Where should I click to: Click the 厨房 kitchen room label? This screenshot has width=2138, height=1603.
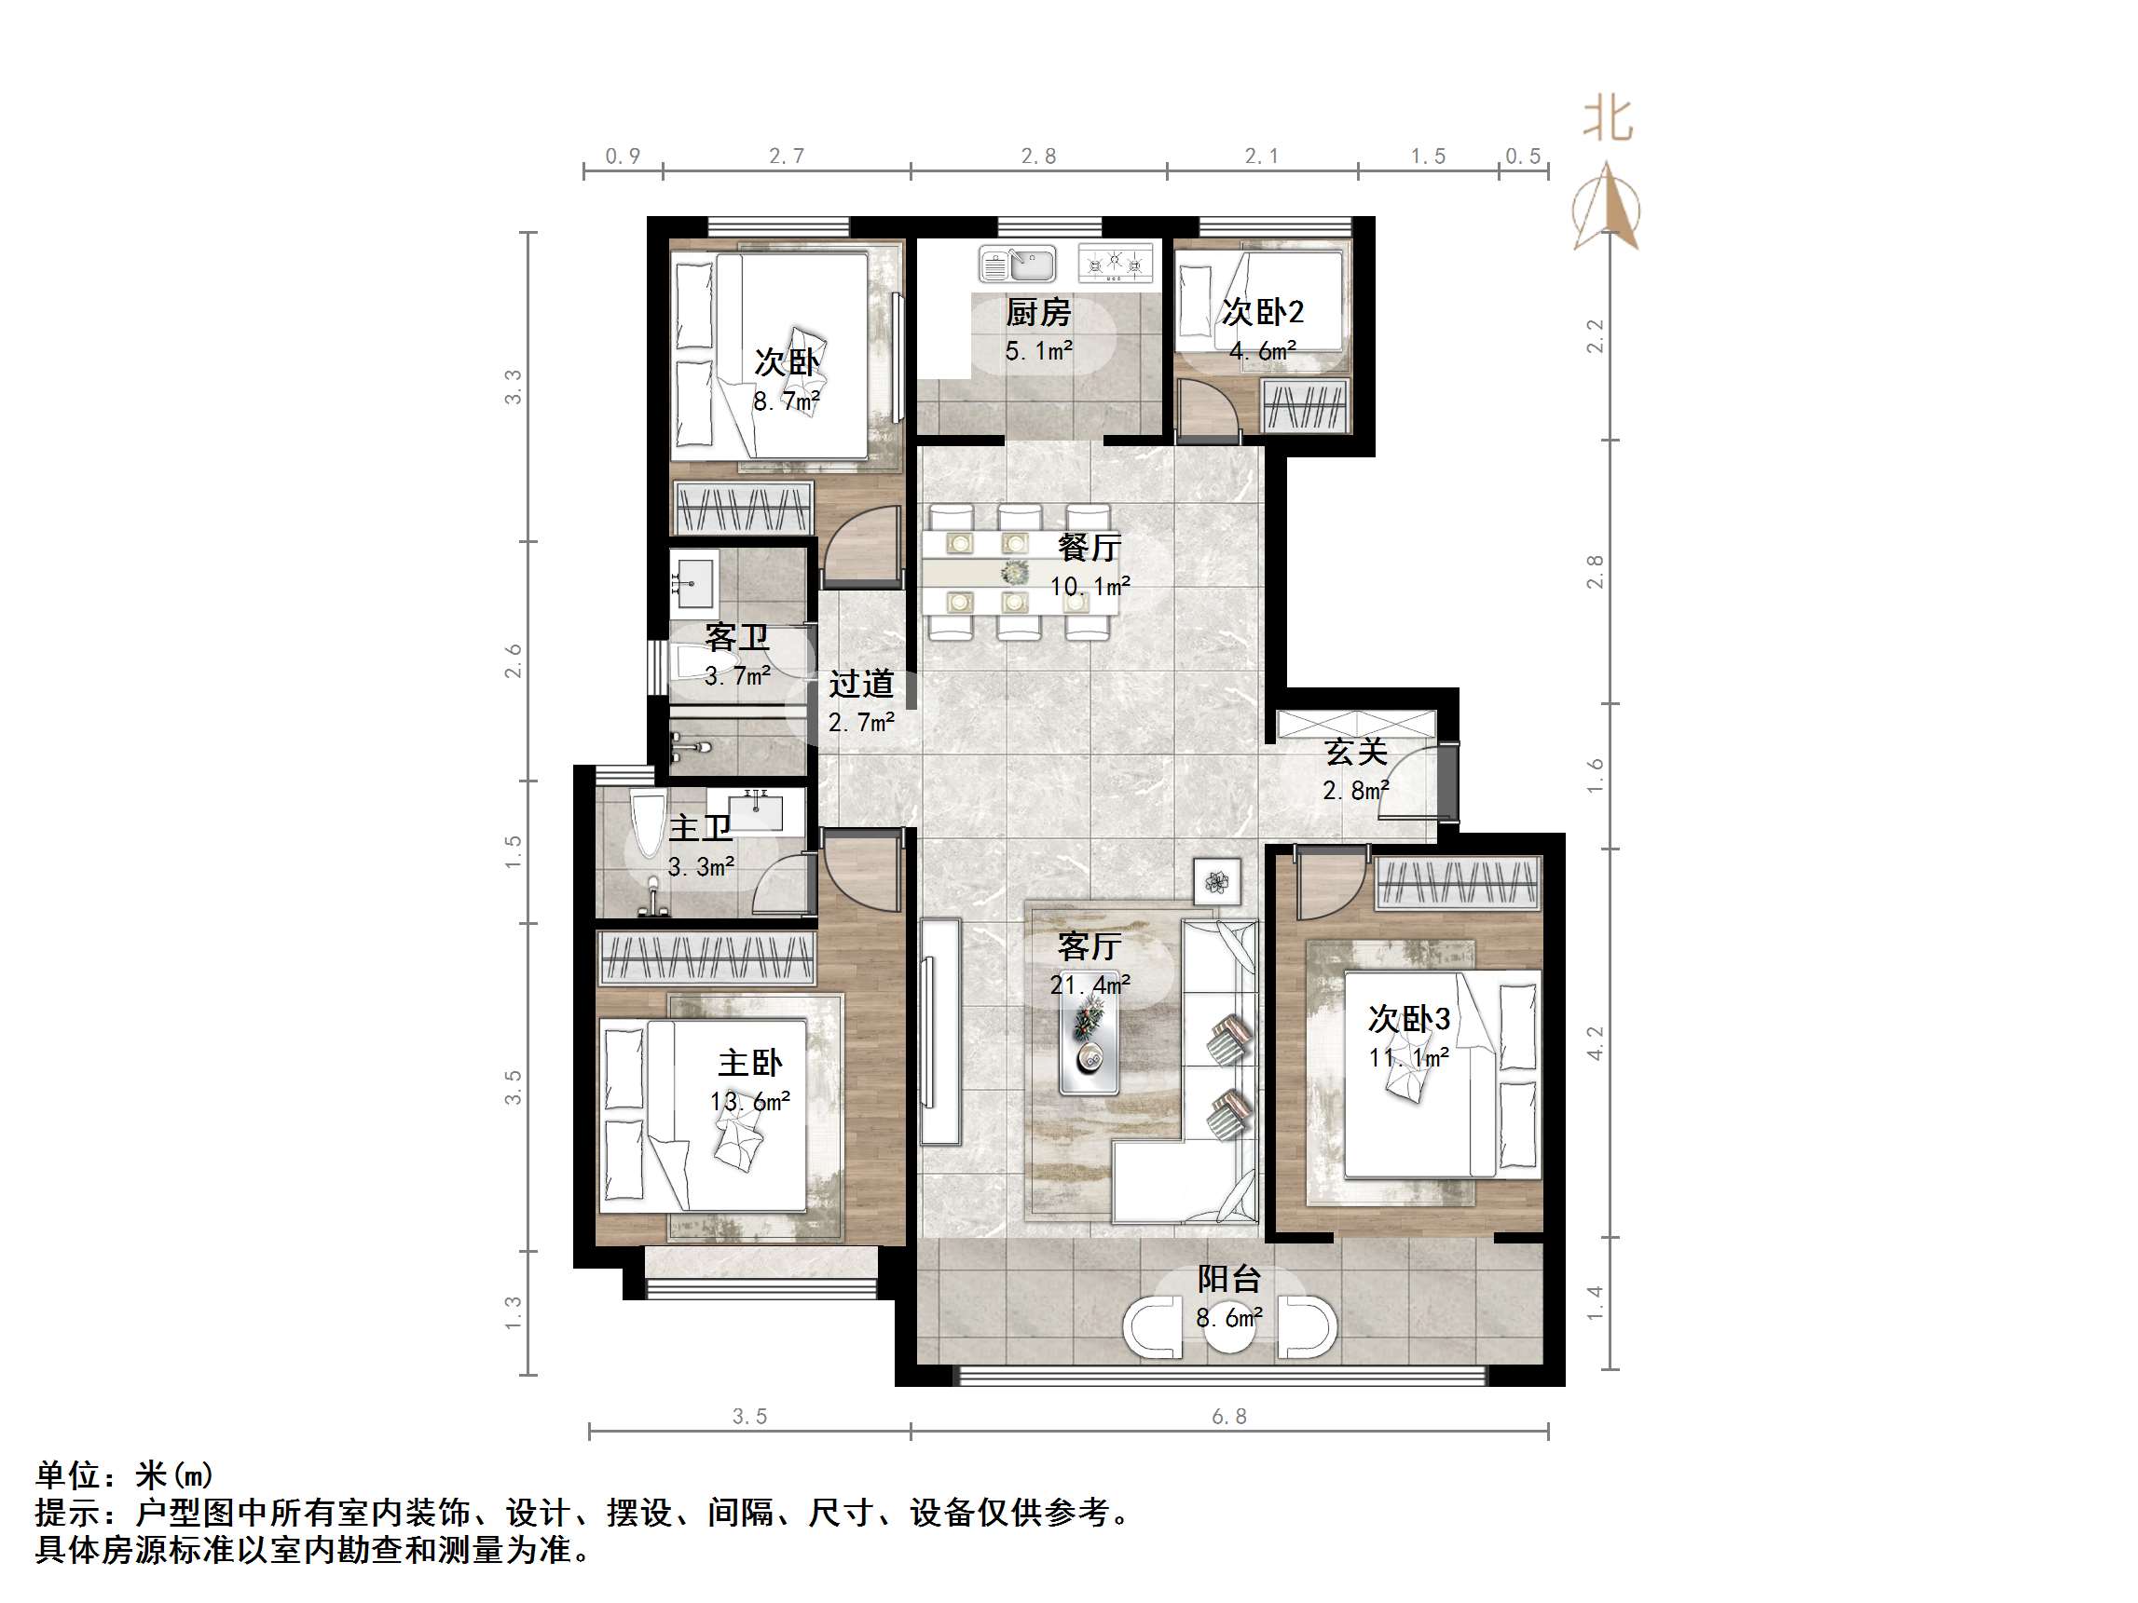pyautogui.click(x=1038, y=313)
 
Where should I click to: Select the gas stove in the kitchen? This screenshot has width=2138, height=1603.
pyautogui.click(x=1116, y=263)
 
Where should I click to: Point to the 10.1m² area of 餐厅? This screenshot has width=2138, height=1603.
pyautogui.click(x=1090, y=587)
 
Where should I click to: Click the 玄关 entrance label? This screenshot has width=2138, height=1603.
pyautogui.click(x=1355, y=752)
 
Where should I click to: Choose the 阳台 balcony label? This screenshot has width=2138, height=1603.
pyautogui.click(x=1228, y=1279)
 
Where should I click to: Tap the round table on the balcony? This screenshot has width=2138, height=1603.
pyautogui.click(x=1228, y=1330)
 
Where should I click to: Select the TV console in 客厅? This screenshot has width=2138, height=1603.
pyautogui.click(x=939, y=1031)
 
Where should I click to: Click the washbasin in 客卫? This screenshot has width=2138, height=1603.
pyautogui.click(x=693, y=579)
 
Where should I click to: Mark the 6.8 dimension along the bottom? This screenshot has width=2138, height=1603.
pyautogui.click(x=1228, y=1417)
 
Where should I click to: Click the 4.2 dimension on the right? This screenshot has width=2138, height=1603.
pyautogui.click(x=1595, y=1043)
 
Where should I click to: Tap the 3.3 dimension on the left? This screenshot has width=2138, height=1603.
pyautogui.click(x=514, y=387)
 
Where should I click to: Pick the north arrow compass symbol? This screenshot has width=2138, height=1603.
pyautogui.click(x=1606, y=209)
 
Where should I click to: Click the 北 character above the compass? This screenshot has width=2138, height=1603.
pyautogui.click(x=1608, y=120)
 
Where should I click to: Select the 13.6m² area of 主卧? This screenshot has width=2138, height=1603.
pyautogui.click(x=749, y=1102)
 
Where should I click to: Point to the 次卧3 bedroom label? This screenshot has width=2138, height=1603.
pyautogui.click(x=1408, y=1018)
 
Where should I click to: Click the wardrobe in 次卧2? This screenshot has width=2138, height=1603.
pyautogui.click(x=1305, y=407)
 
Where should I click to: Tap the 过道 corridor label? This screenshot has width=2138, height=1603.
pyautogui.click(x=860, y=684)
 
